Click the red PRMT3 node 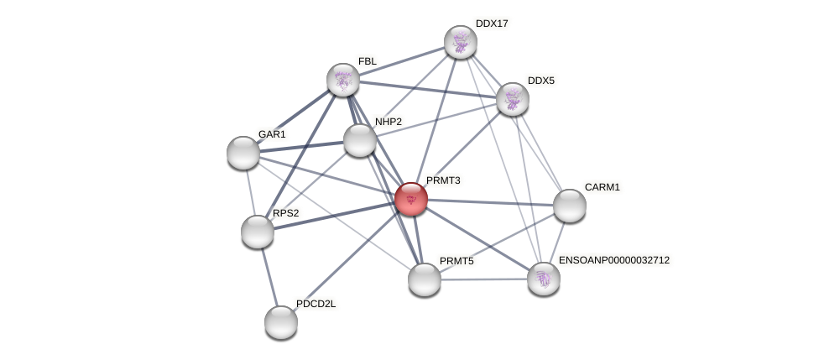coord(411,199)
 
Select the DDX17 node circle coord(461,42)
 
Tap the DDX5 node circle coord(513,99)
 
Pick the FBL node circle coord(343,80)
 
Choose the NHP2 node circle coord(360,140)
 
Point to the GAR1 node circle coord(243,153)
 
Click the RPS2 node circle coord(258,232)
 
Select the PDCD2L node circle coord(281,322)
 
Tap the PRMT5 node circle coord(425,279)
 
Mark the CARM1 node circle coord(570,206)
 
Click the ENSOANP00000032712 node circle coord(544,279)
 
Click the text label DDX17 coord(492,23)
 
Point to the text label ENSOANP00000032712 coord(614,260)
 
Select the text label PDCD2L coord(316,304)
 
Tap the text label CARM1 coord(602,187)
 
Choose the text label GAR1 coord(272,134)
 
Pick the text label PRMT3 coord(443,180)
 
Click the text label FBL coord(368,61)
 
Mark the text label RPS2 coord(285,213)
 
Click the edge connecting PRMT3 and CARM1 coord(491,202)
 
